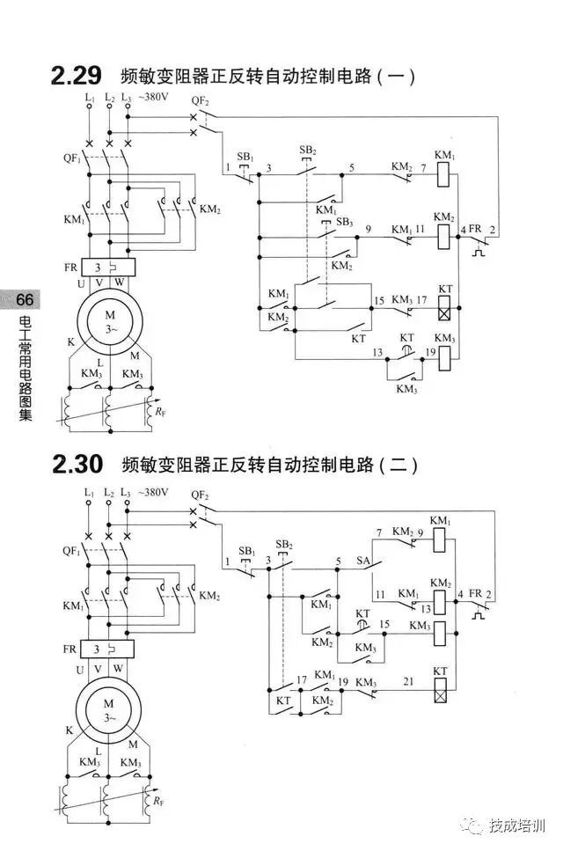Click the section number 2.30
(x=77, y=464)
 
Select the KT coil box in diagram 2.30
(x=441, y=692)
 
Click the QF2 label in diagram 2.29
(x=201, y=100)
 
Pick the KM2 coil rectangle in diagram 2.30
(x=441, y=587)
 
